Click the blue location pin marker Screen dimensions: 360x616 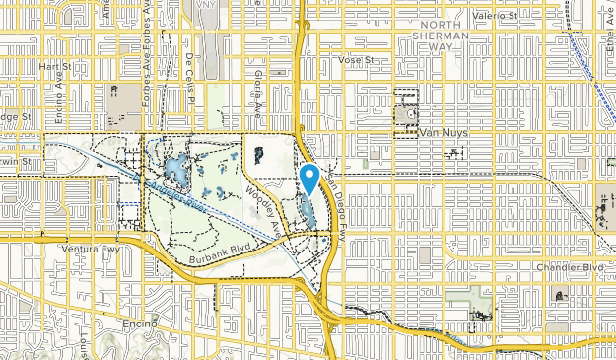[308, 179]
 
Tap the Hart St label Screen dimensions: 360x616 [48, 65]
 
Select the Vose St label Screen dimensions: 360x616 [358, 60]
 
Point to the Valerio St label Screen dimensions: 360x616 [494, 15]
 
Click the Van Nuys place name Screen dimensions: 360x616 [443, 132]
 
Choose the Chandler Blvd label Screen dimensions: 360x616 [579, 267]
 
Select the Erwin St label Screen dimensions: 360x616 [10, 161]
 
